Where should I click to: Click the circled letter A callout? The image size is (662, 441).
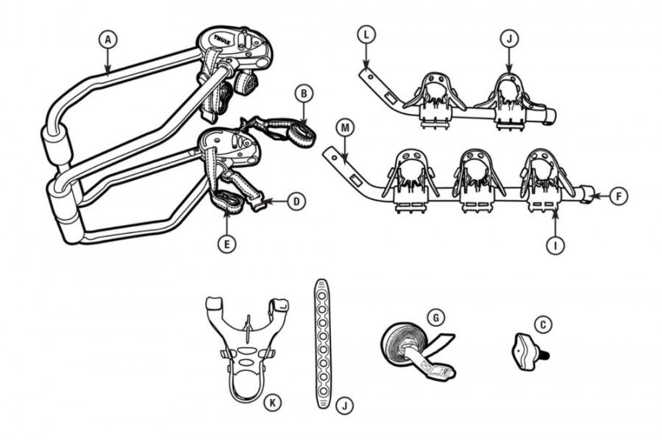pos(107,40)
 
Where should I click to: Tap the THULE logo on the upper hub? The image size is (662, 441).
pos(221,40)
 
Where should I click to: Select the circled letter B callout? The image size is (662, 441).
pos(304,94)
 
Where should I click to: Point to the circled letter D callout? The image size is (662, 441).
pos(296,201)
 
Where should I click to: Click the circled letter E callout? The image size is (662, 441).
pos(227,244)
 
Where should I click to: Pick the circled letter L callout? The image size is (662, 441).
pos(366,35)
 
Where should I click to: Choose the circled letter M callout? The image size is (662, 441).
pos(346,128)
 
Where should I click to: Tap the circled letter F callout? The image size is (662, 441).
pos(619,196)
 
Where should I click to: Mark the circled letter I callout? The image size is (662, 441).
pos(555,245)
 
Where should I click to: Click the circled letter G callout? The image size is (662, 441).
pos(436,317)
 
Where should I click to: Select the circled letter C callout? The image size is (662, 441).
pos(543,325)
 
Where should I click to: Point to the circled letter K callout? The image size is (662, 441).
pos(272,403)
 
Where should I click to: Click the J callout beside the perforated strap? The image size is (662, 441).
pos(345,406)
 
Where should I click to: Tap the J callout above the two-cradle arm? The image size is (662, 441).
pos(509,39)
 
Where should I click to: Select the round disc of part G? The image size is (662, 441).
pos(398,345)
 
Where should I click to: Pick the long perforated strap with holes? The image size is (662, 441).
pos(323,344)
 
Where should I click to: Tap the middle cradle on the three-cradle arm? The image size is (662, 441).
pos(476,179)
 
